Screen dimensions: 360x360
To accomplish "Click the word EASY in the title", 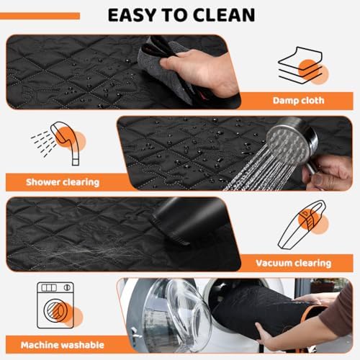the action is click(x=132, y=15).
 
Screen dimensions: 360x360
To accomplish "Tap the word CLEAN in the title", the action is click(x=224, y=15).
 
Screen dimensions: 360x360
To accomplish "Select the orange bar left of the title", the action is click(x=40, y=16).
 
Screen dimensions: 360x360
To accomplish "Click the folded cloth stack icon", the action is click(x=303, y=66).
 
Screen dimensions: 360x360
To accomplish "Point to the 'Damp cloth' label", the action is click(x=298, y=100).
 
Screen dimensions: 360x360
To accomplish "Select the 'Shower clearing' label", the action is click(x=63, y=182).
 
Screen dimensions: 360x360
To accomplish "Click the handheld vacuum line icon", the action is click(x=303, y=225).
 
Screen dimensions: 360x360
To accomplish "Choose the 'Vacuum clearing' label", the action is click(x=294, y=264).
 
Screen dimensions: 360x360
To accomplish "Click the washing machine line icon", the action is click(x=55, y=305).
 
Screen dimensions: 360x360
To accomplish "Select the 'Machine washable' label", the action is click(x=63, y=345).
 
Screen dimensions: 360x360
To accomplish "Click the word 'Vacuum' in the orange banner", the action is click(x=274, y=264).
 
